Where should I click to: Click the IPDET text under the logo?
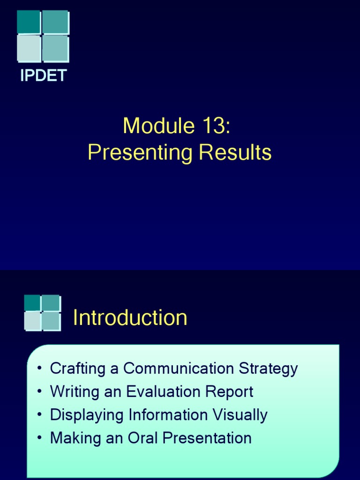click(43, 75)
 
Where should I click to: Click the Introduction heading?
click(130, 318)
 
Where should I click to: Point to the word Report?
click(232, 392)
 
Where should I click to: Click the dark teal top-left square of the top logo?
click(29, 22)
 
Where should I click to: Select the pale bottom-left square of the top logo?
click(29, 49)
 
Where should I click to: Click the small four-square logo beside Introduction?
click(42, 312)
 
